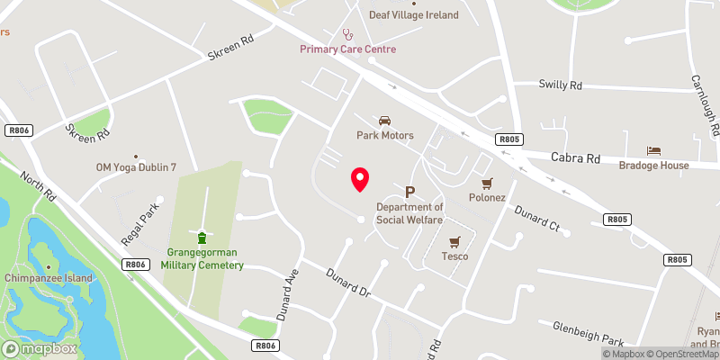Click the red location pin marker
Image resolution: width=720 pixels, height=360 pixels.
click(x=360, y=179)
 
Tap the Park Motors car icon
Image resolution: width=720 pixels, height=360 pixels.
click(x=385, y=121)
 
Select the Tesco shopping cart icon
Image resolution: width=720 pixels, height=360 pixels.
click(x=454, y=241)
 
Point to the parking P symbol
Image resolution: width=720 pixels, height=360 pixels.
click(x=410, y=192)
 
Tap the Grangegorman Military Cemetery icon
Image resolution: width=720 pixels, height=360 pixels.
click(x=202, y=238)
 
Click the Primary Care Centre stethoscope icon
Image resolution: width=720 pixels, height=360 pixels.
click(x=347, y=34)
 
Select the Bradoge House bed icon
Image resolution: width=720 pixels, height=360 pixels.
click(x=653, y=150)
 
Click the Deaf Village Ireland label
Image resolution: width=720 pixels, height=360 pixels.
click(x=414, y=15)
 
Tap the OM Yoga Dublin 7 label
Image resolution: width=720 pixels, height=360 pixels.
click(x=136, y=167)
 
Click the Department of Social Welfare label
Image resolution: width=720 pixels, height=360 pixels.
click(x=410, y=214)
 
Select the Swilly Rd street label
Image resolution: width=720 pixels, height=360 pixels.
click(x=561, y=85)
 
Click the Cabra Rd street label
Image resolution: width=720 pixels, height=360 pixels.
click(x=575, y=157)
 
